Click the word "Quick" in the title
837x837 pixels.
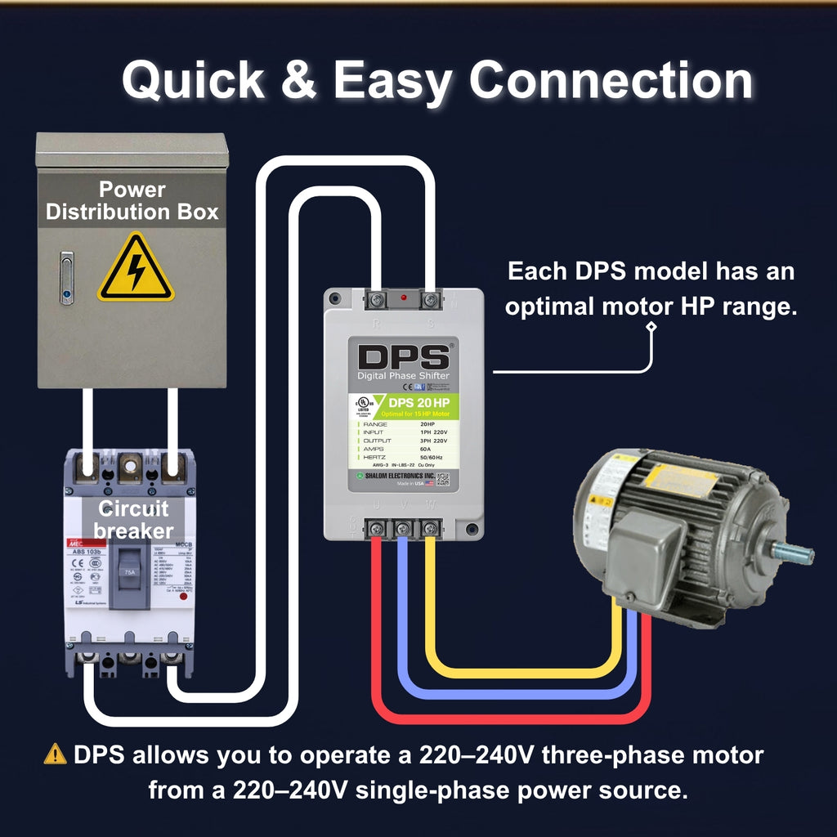point(193,81)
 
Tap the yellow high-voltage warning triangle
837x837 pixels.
point(136,269)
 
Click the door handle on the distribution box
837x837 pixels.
point(66,278)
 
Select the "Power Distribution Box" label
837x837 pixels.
point(132,201)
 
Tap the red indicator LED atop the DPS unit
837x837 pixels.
point(403,297)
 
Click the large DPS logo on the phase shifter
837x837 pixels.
point(404,357)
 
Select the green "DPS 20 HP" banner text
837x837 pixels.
point(418,402)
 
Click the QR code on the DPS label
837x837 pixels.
point(442,480)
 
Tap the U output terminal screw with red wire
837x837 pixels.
point(378,529)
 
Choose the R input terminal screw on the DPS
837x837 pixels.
point(377,301)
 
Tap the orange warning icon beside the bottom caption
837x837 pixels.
point(55,754)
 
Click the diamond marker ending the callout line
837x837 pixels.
point(651,328)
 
